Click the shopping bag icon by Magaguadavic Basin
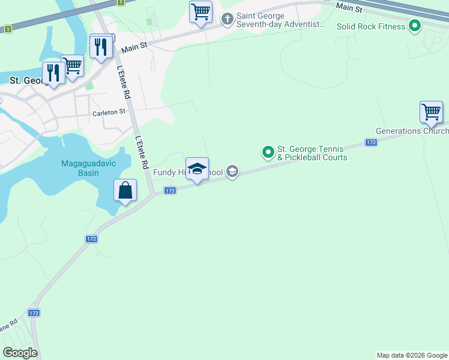click(125, 191)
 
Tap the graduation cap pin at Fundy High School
click(197, 170)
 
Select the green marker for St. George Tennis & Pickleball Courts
click(268, 153)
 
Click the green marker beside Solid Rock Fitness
click(414, 26)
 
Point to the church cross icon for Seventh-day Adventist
click(228, 19)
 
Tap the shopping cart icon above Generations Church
click(431, 112)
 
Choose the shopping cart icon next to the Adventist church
click(200, 12)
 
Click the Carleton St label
click(109, 112)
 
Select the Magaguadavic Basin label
click(96, 169)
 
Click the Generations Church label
click(412, 131)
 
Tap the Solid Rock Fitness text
click(370, 27)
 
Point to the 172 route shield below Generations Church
click(371, 142)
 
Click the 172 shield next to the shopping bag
click(170, 190)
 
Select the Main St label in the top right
click(349, 7)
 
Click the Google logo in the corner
click(20, 353)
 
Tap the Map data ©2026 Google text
click(412, 355)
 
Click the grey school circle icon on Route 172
click(232, 173)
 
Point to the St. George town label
click(24, 80)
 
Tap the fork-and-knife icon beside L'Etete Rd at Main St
click(101, 47)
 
